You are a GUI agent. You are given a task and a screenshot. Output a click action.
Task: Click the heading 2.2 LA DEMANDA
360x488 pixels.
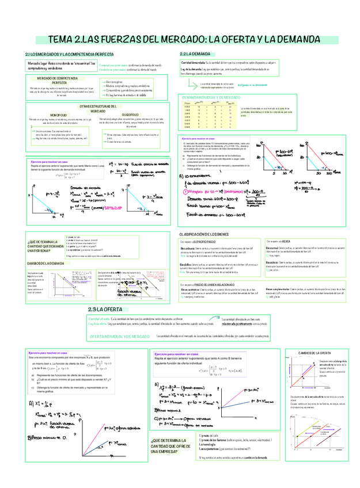pos(196,54)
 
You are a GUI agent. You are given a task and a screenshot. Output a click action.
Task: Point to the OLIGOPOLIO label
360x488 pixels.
pos(134,115)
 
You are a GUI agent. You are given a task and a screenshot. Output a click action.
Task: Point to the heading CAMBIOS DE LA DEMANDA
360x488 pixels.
pos(46,262)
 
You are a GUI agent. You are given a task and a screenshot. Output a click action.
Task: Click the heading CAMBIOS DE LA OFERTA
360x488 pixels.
pos(314,352)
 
